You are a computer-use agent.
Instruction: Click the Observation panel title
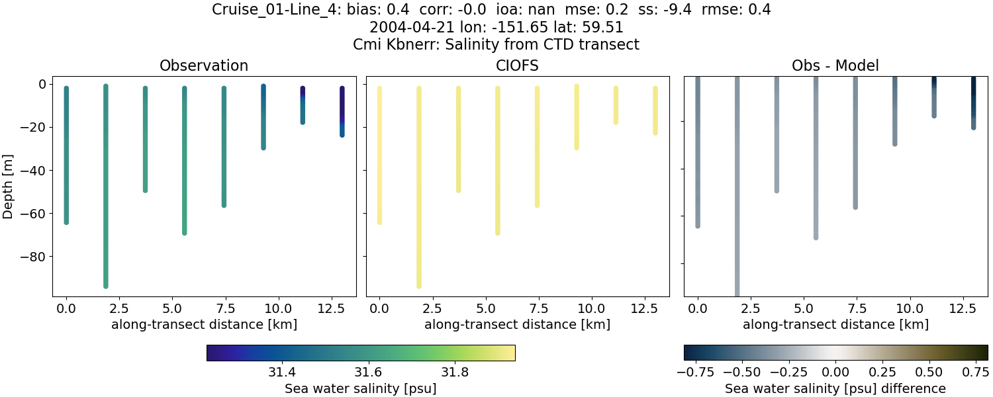204,66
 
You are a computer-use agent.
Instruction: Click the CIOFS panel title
517,66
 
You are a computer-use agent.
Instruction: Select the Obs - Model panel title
835,66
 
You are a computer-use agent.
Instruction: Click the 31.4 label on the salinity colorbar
282,372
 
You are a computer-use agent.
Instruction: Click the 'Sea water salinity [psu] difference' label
835,388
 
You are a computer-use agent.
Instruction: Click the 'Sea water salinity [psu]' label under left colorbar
360,388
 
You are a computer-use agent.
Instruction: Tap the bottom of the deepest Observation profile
105,285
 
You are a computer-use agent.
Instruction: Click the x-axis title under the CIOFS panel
517,325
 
